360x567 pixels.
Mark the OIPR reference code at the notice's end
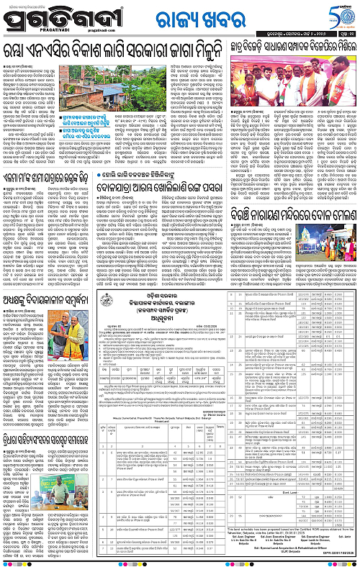pos(338,560)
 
